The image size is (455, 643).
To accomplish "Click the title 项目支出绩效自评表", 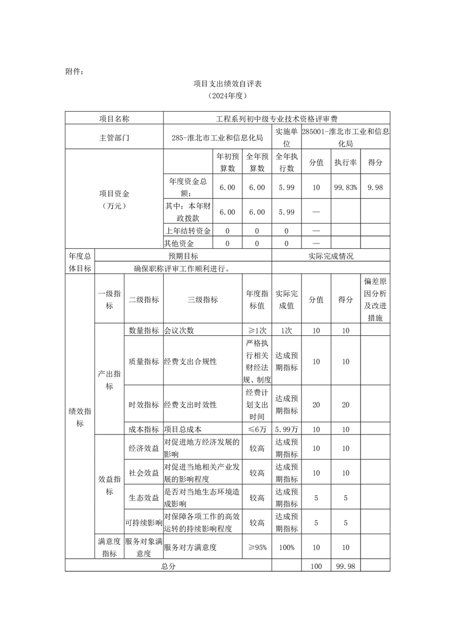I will pos(227,84).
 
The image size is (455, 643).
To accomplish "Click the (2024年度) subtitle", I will pos(227,96).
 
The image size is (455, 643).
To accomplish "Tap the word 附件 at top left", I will pos(74,72).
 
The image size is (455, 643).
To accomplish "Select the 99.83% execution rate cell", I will pos(346,187).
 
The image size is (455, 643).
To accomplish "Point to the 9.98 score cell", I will pos(375,187).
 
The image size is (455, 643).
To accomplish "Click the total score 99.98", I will pos(346,566).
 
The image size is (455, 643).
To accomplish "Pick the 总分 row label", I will pos(168,566).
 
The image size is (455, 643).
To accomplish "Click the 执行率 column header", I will pos(346,163).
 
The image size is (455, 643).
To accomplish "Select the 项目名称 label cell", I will pos(114,119).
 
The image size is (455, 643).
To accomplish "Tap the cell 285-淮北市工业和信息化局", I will pos(217,138).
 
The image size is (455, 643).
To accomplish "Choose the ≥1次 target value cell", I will pos(257,330).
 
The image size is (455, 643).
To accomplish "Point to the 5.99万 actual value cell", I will pos(287,429).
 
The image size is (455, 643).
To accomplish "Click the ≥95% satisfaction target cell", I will pos(257,547).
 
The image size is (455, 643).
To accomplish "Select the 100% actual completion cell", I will pos(287,547).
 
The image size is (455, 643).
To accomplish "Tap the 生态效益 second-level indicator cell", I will pos(144,498).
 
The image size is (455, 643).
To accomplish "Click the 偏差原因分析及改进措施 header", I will pos(375,300).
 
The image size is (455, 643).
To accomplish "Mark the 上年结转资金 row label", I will pos(188,231).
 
